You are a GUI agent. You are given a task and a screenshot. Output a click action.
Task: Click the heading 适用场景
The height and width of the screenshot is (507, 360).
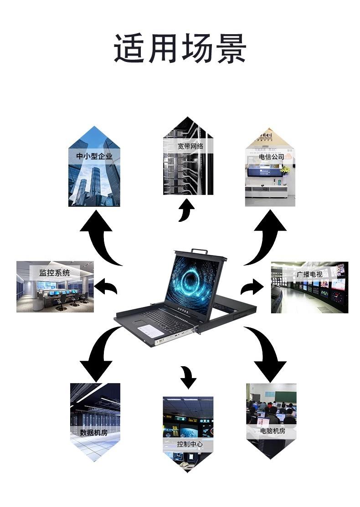tap(180, 48)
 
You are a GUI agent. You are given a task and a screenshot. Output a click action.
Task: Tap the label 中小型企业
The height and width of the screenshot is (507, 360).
tap(94, 157)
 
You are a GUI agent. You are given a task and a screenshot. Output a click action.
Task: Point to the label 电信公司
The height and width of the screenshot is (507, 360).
tap(271, 157)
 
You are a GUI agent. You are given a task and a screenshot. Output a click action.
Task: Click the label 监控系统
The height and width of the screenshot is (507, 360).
tap(54, 273)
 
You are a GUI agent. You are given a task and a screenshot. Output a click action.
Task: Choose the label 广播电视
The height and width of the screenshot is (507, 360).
tap(309, 275)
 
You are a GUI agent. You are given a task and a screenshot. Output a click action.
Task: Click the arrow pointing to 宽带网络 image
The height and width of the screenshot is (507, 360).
tap(185, 210)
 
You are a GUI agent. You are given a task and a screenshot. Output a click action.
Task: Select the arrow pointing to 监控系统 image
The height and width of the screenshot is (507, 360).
tap(106, 287)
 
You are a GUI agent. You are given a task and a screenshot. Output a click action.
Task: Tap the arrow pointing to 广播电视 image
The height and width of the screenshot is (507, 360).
tap(252, 288)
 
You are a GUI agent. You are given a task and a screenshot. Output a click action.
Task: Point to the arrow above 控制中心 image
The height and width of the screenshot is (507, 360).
tap(188, 376)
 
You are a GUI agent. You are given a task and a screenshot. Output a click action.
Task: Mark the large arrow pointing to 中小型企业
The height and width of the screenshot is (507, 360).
tap(101, 237)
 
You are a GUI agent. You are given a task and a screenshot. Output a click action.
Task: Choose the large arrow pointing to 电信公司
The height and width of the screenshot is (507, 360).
tap(266, 237)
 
